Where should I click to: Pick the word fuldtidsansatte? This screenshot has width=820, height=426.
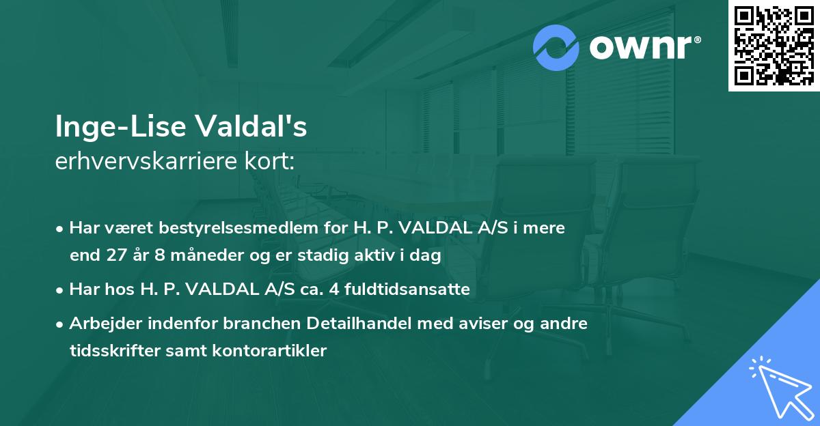[401, 289]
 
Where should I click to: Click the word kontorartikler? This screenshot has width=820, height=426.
[273, 351]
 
